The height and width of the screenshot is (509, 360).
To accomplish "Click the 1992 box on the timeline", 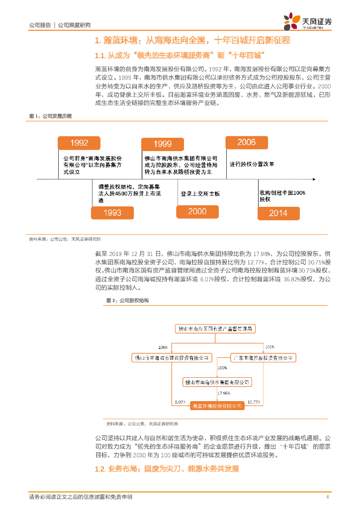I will pos(80,143).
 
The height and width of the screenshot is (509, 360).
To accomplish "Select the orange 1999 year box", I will pos(163,144).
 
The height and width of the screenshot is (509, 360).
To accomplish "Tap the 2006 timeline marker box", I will pos(247,143).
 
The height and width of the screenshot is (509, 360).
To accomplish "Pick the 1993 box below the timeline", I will pos(112,213).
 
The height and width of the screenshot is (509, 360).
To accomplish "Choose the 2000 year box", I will pos(197,212).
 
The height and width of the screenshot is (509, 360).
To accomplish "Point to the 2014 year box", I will pos(278,213).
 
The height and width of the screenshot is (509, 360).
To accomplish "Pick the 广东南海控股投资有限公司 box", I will pos(263,358).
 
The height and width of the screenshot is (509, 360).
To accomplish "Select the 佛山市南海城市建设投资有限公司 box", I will pos(173,358).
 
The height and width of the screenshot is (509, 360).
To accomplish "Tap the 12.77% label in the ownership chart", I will pos(254,402).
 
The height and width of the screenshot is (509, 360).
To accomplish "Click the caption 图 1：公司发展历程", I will pos(50,116).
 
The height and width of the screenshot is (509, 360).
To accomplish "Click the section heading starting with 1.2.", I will pos(167,469).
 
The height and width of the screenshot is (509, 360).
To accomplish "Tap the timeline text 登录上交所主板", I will pos(200,194).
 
